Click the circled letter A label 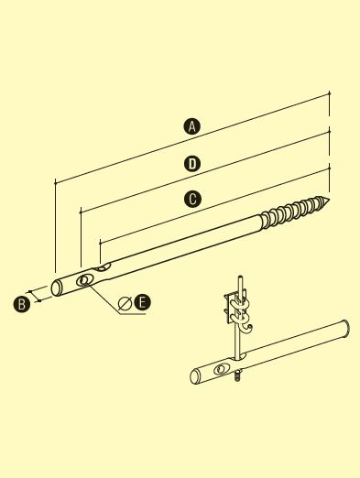(x=191, y=126)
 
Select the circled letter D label (x=192, y=164)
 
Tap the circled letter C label (x=192, y=199)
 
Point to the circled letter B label (x=22, y=304)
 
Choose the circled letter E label (x=142, y=303)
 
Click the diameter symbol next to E (x=125, y=303)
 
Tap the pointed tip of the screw (x=329, y=201)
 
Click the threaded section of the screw (x=291, y=212)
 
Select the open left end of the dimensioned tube (x=56, y=288)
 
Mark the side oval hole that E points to (x=84, y=279)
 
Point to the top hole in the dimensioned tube (x=102, y=267)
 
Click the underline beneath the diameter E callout (x=133, y=313)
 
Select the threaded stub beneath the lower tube (x=237, y=376)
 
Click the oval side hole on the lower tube (x=220, y=369)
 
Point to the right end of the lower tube (x=346, y=329)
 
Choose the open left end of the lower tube (x=194, y=376)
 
